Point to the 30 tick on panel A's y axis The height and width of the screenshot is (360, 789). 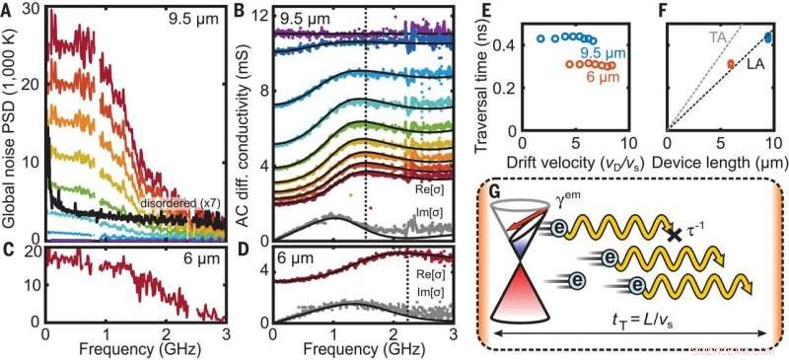point(31,10)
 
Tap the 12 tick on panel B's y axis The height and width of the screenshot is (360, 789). point(260,15)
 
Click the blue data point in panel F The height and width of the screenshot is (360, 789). point(768,38)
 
